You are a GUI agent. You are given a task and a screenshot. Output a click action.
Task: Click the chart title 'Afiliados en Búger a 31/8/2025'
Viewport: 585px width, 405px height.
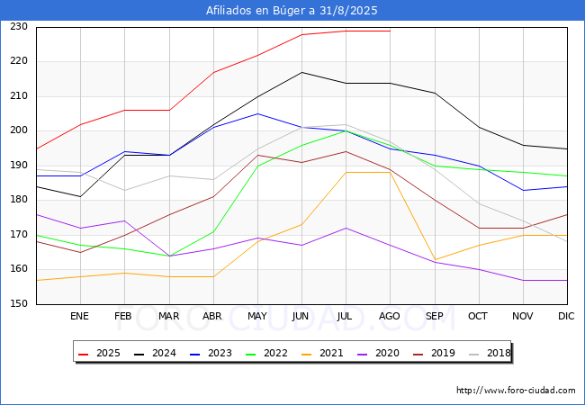pyautogui.click(x=292, y=11)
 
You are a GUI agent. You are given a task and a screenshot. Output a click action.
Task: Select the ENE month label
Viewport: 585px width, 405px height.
pyautogui.click(x=80, y=317)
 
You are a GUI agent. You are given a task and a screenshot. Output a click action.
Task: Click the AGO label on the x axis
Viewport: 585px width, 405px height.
pyautogui.click(x=390, y=317)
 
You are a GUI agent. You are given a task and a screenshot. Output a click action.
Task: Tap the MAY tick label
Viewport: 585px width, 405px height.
pyautogui.click(x=257, y=317)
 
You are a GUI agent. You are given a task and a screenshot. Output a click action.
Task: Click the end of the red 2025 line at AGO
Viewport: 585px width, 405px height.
pyautogui.click(x=390, y=31)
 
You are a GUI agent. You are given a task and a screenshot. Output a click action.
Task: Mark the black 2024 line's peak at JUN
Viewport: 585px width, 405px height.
pyautogui.click(x=301, y=72)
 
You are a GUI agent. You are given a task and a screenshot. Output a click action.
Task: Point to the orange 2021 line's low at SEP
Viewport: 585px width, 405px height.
pyautogui.click(x=435, y=260)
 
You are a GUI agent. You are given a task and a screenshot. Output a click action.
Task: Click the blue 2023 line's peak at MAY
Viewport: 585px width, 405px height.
pyautogui.click(x=257, y=113)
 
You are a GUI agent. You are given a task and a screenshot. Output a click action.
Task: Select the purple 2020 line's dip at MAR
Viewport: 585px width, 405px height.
pyautogui.click(x=169, y=256)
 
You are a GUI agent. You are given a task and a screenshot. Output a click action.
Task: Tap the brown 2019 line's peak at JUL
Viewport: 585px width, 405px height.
pyautogui.click(x=346, y=151)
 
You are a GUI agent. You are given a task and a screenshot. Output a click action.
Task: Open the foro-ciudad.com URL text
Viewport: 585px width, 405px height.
pyautogui.click(x=516, y=391)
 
